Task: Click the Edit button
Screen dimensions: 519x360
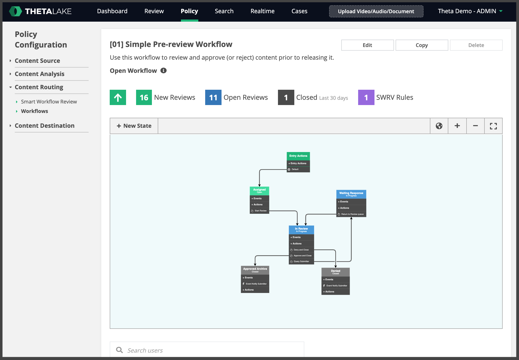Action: (x=367, y=45)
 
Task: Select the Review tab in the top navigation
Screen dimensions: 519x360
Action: (x=154, y=11)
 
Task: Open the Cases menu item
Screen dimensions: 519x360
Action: (x=299, y=11)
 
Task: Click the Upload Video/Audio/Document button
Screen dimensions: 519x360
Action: (x=376, y=11)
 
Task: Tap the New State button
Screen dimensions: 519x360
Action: (x=134, y=126)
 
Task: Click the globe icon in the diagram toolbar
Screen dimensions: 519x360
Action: (x=439, y=126)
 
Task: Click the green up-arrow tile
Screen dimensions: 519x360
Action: (x=118, y=97)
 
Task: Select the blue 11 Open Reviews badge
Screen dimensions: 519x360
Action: (x=213, y=97)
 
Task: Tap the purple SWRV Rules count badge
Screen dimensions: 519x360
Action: (x=366, y=97)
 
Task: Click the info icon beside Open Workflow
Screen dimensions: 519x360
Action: (x=164, y=70)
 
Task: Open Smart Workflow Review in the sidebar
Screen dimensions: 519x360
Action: (x=49, y=102)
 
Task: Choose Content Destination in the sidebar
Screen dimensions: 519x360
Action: (x=45, y=126)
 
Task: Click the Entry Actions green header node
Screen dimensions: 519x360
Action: (x=298, y=156)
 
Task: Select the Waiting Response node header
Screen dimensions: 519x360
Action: (x=351, y=194)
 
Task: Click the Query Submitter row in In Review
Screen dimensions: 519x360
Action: (x=301, y=262)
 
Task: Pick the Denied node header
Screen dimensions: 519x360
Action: (x=335, y=272)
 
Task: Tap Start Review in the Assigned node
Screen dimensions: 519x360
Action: (x=259, y=211)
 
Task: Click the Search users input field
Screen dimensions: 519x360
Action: (x=207, y=350)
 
